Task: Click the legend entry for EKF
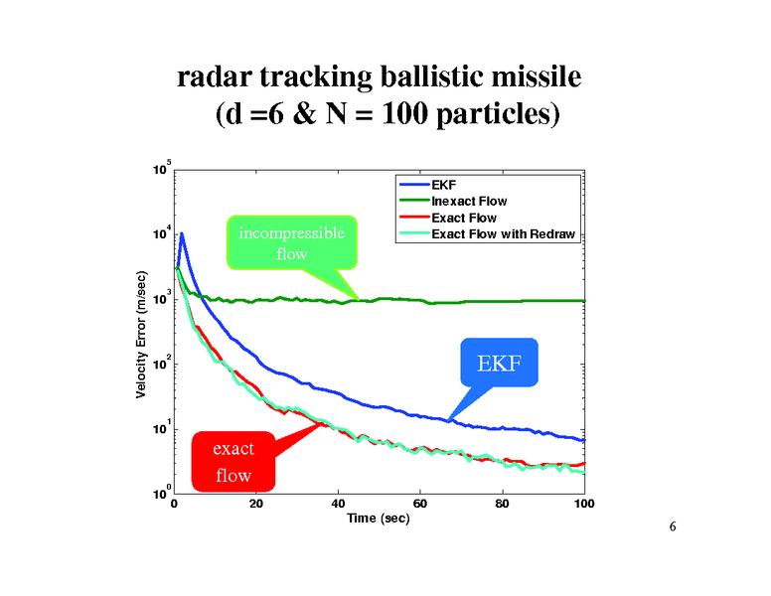tap(444, 185)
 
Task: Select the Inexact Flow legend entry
tap(469, 202)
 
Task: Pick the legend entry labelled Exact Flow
tap(463, 218)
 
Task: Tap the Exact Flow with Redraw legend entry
tap(503, 234)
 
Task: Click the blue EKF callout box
tap(499, 363)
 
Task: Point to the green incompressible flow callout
tap(291, 242)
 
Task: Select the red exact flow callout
tap(233, 461)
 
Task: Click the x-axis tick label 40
tap(339, 504)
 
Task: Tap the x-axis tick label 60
tap(420, 504)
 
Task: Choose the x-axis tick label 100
tap(584, 504)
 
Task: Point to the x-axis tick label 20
tap(256, 504)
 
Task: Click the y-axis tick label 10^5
tap(160, 170)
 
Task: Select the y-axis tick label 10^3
tap(160, 299)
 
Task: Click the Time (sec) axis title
tap(378, 520)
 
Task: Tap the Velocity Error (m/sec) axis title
tap(141, 335)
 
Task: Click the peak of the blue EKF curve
tap(182, 234)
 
